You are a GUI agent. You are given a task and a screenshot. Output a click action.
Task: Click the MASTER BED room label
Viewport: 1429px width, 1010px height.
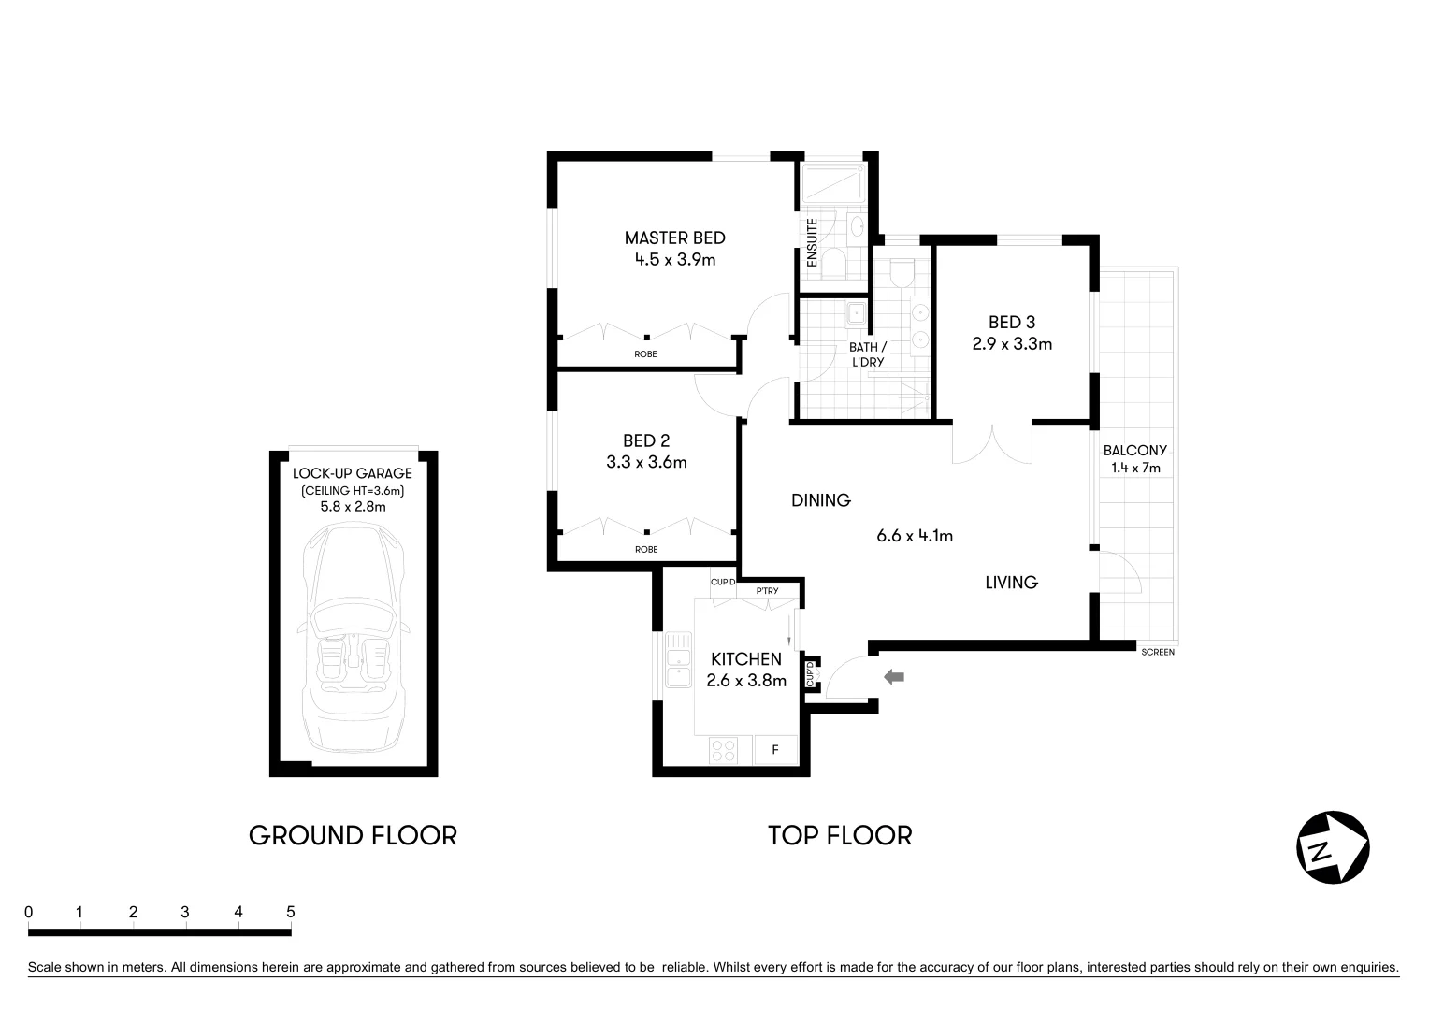[674, 238]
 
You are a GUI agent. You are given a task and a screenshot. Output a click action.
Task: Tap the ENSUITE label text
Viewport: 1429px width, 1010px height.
[812, 243]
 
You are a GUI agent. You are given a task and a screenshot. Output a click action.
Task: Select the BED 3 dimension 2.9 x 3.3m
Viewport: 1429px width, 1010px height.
[1012, 344]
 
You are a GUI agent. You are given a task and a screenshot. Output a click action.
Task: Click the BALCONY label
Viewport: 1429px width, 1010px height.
[1134, 450]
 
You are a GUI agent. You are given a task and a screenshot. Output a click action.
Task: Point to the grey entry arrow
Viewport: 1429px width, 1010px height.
[894, 676]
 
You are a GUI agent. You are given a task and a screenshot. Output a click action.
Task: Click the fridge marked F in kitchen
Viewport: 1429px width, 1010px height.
[775, 750]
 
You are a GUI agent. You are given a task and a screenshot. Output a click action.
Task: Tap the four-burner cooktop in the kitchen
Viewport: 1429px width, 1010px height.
[723, 750]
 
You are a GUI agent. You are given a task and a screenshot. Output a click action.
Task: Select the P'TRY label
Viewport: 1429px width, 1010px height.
[767, 590]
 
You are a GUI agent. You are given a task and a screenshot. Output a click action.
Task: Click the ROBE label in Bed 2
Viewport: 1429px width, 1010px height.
[645, 549]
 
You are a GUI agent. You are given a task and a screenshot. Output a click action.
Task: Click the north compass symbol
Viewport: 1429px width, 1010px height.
[1333, 847]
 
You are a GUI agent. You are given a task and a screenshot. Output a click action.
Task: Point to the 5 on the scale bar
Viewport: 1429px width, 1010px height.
[291, 912]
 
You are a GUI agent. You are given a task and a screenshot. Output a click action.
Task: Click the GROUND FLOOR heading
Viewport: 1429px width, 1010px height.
[353, 835]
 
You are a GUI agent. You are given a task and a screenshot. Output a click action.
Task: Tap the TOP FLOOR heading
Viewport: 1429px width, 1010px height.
[840, 835]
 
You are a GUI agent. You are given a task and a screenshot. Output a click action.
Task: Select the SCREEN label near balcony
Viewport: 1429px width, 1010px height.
[1158, 652]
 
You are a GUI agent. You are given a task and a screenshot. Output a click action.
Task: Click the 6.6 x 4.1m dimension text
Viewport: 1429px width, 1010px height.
[914, 536]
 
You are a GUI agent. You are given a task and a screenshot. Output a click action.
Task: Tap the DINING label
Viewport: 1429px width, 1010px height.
[820, 500]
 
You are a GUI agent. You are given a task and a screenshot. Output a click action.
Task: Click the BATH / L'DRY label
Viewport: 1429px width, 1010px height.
[867, 354]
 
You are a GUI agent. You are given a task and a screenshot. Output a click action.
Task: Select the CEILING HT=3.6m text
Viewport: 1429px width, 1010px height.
[353, 490]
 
